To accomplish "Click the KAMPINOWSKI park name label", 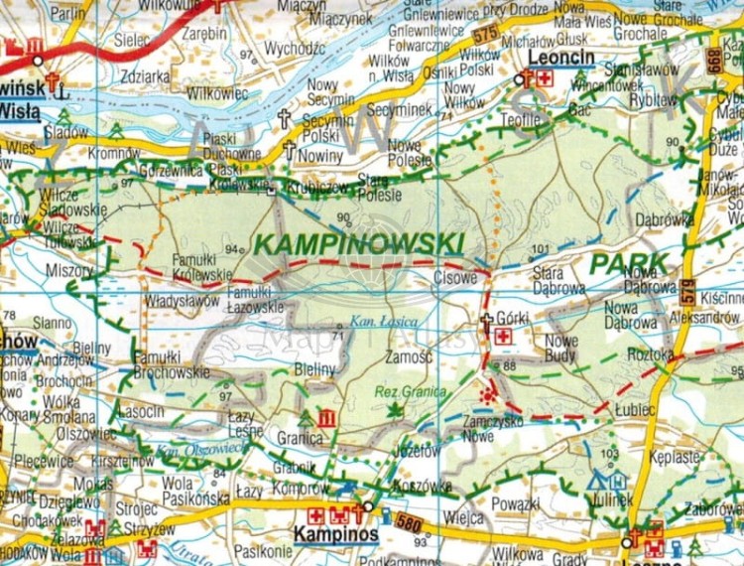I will (359, 243).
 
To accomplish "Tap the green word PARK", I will (629, 264).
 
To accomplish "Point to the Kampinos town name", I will (336, 534).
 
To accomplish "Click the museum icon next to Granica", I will (326, 418).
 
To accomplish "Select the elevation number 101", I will (540, 248).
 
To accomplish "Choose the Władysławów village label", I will (182, 300).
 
